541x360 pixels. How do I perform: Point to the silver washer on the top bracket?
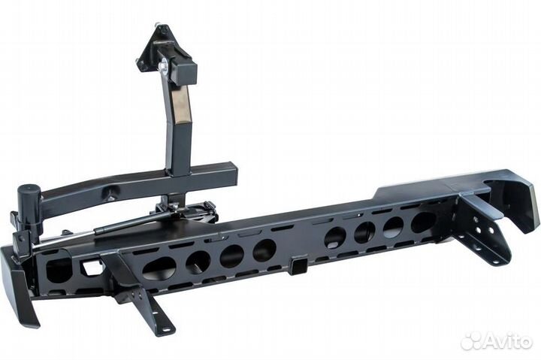[x=163, y=65]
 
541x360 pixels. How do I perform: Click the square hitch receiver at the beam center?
[x=298, y=265]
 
